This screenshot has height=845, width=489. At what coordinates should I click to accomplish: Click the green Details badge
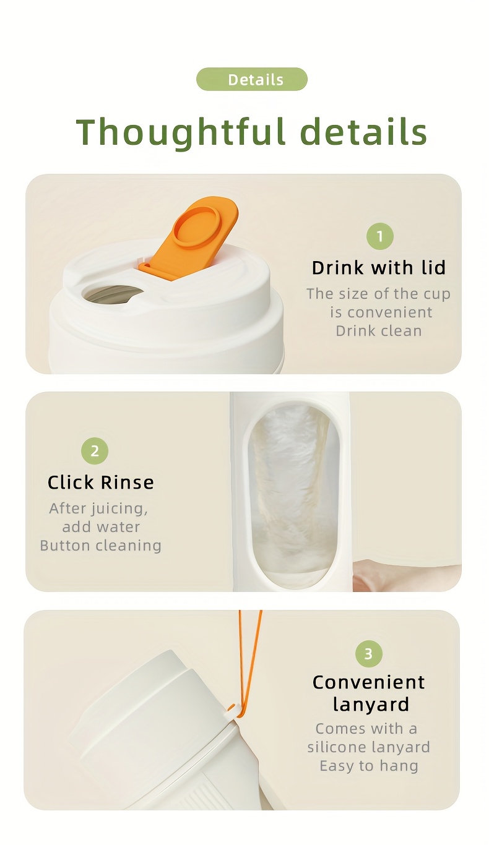point(252,79)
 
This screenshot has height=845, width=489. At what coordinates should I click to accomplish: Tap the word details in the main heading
point(365,131)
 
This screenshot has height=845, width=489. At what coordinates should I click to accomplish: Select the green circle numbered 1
point(380,236)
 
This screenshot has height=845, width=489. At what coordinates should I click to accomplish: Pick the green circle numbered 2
point(95,451)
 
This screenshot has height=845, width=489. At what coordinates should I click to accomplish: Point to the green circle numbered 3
point(368,653)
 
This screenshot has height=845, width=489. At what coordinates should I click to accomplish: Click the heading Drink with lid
point(379,267)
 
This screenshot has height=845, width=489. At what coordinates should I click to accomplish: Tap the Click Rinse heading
point(101,482)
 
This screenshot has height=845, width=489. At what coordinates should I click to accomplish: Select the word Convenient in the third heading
point(368,682)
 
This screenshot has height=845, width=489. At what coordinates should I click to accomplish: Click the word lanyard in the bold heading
point(371,704)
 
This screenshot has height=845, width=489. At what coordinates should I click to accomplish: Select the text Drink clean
point(379,331)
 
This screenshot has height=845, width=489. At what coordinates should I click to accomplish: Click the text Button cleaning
point(101,546)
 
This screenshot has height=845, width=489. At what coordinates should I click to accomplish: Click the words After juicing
point(98,508)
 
